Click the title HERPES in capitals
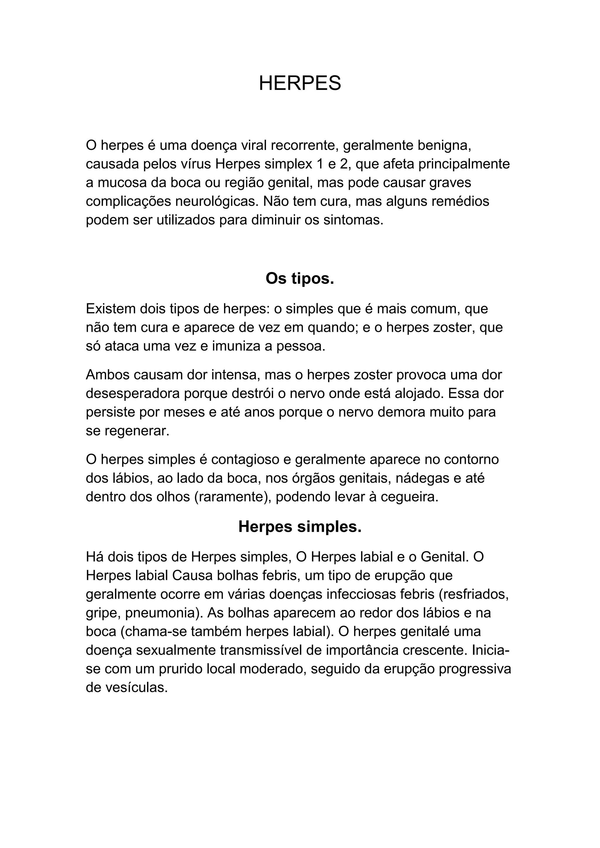(x=300, y=83)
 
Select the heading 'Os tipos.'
(x=300, y=279)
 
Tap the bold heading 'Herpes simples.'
(x=300, y=527)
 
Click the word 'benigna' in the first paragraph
(x=443, y=146)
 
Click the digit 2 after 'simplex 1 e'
(x=344, y=164)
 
